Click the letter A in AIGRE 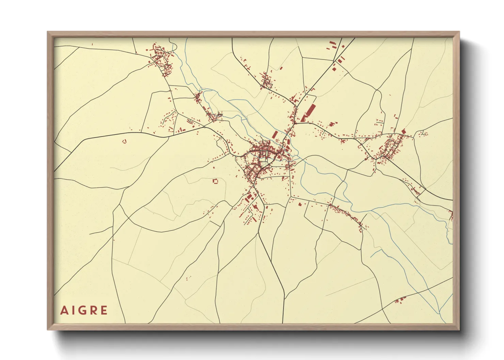point(64,310)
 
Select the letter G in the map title point(82,310)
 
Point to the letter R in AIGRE point(93,310)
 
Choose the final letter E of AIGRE point(104,310)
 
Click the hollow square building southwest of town point(215,181)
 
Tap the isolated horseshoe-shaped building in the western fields point(124,141)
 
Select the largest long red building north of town point(311,111)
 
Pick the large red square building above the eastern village point(404,131)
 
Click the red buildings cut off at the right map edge point(451,215)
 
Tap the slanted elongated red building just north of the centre point(274,134)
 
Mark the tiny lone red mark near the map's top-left point(92,44)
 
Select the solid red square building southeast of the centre point(300,204)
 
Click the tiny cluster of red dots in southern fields point(187,279)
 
